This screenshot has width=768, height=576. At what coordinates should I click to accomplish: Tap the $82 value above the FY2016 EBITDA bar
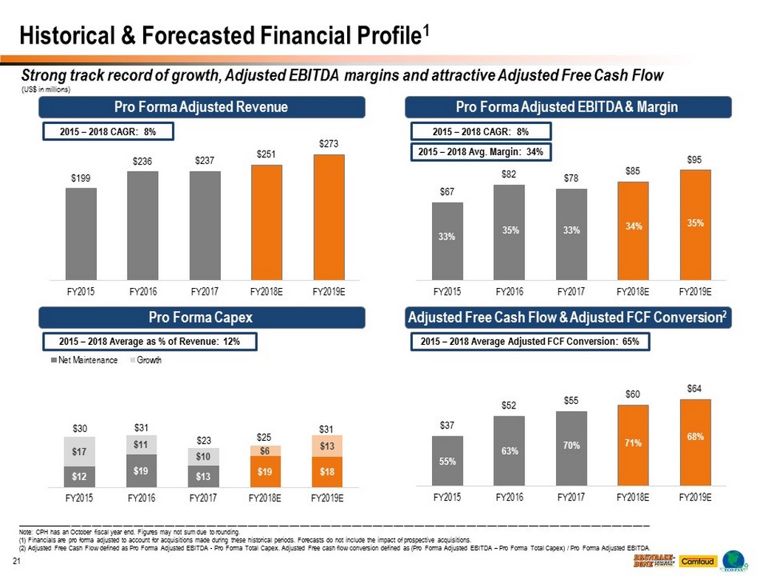point(510,174)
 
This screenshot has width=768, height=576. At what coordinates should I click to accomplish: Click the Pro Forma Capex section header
point(201,318)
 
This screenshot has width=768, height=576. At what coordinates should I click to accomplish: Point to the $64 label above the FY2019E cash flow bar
point(694,388)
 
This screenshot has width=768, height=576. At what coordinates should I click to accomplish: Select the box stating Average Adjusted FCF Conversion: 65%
point(529,342)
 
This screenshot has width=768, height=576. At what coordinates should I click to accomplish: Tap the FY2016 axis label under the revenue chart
point(143,291)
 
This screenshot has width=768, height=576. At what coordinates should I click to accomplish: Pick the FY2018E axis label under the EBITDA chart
point(633,291)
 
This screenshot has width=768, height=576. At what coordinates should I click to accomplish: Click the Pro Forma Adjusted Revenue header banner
point(201,108)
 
